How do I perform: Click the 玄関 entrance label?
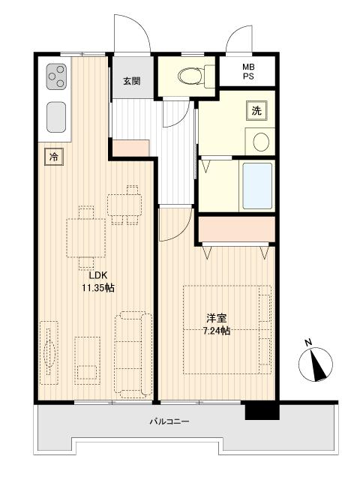(x=132, y=81)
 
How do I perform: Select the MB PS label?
(x=248, y=71)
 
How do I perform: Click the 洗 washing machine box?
(x=256, y=110)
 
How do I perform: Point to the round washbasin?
(x=261, y=142)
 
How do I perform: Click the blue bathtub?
(x=257, y=186)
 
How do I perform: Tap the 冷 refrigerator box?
(x=54, y=157)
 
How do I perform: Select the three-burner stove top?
(x=57, y=76)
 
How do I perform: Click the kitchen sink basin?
(x=56, y=117)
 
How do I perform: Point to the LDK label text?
(x=98, y=275)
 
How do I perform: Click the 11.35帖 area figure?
(x=98, y=288)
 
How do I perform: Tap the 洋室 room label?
(x=217, y=318)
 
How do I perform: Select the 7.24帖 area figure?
(x=217, y=331)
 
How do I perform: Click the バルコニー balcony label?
(x=169, y=421)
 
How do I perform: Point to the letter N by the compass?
(x=308, y=343)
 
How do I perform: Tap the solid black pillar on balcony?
(x=262, y=412)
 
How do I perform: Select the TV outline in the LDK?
(x=49, y=352)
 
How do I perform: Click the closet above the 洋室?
(x=236, y=229)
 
